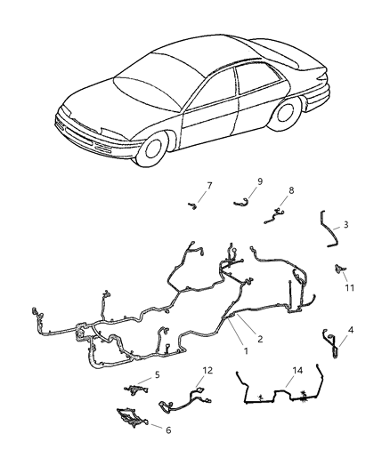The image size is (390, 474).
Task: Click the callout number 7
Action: [209, 185]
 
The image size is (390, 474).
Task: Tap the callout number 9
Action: [260, 181]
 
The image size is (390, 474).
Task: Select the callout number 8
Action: [291, 190]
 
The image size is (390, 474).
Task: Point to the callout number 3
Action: [345, 225]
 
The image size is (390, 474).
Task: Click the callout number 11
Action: [349, 288]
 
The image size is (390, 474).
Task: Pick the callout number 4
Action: [350, 330]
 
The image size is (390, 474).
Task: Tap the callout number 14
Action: [297, 370]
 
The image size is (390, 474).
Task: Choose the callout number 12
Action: [207, 370]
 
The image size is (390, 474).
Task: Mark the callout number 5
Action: [157, 375]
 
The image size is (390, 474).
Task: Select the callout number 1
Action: [246, 351]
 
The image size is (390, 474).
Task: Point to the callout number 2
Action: [260, 339]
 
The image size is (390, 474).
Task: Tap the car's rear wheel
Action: [285, 114]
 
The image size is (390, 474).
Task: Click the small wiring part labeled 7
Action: [192, 205]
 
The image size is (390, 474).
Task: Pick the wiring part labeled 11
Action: [340, 269]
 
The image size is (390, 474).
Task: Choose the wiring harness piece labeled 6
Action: [133, 417]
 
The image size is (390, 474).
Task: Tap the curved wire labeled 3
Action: [328, 229]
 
